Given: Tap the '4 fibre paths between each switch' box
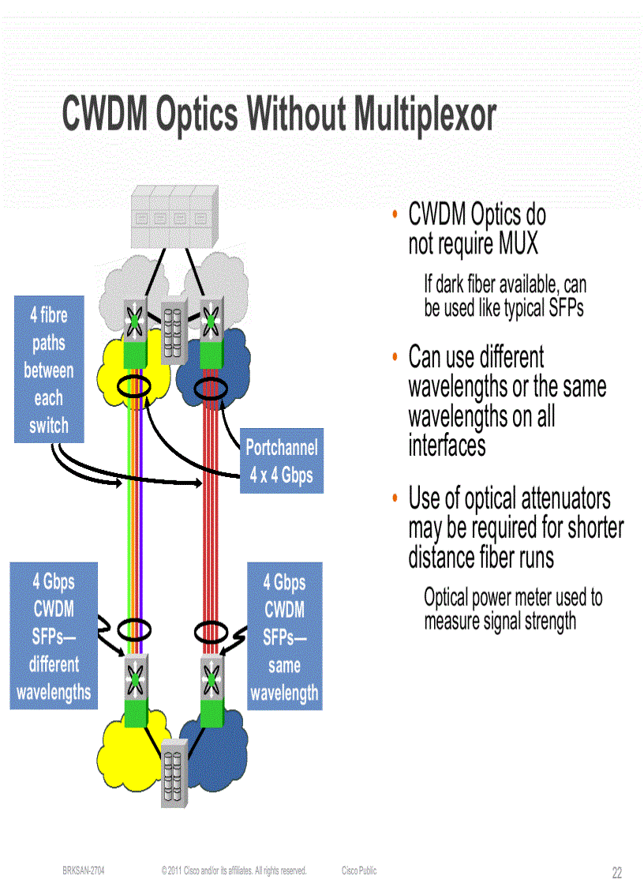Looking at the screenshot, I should pyautogui.click(x=49, y=369).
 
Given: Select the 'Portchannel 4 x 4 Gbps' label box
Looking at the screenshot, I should pyautogui.click(x=281, y=461).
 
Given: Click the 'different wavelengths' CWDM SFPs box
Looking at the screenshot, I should pyautogui.click(x=54, y=637).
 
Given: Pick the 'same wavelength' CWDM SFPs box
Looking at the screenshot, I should pyautogui.click(x=284, y=637).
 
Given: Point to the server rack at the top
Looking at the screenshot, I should pyautogui.click(x=174, y=217).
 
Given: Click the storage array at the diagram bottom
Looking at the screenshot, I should pyautogui.click(x=174, y=773).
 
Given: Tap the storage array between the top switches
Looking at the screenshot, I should pyautogui.click(x=174, y=332).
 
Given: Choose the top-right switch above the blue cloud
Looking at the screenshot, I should pyautogui.click(x=211, y=321).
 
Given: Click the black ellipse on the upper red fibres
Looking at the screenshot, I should pyautogui.click(x=211, y=388).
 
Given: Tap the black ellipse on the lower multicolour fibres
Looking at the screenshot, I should pyautogui.click(x=133, y=630).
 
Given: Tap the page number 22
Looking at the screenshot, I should pyautogui.click(x=616, y=873).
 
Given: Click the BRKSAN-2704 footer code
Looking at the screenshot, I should pyautogui.click(x=84, y=870).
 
